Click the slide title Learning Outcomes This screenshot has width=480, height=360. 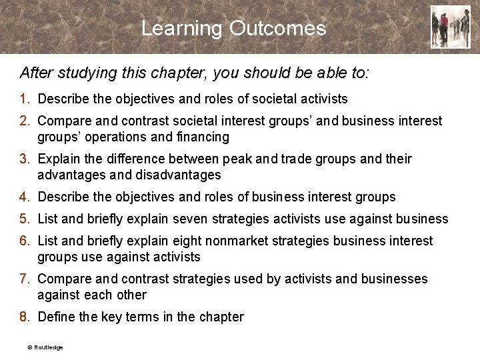[x=234, y=29]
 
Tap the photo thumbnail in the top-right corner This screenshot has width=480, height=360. [x=450, y=27]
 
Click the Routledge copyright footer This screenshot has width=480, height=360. [x=45, y=347]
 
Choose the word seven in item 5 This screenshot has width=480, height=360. [x=193, y=219]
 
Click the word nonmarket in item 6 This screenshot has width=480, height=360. [x=242, y=241]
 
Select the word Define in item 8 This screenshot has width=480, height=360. [x=57, y=317]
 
